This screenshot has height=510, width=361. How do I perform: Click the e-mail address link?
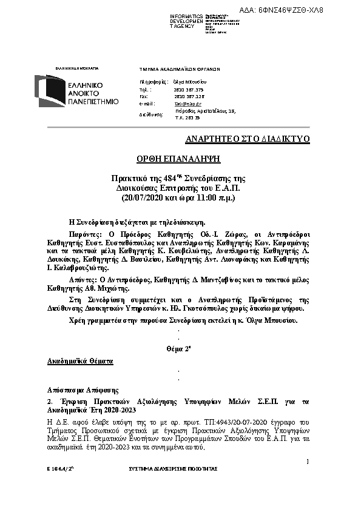[183, 104]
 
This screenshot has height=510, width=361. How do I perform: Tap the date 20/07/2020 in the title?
[144, 197]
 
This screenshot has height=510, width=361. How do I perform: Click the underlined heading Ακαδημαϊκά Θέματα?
[80, 361]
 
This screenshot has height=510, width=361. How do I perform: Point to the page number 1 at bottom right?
[308, 462]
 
